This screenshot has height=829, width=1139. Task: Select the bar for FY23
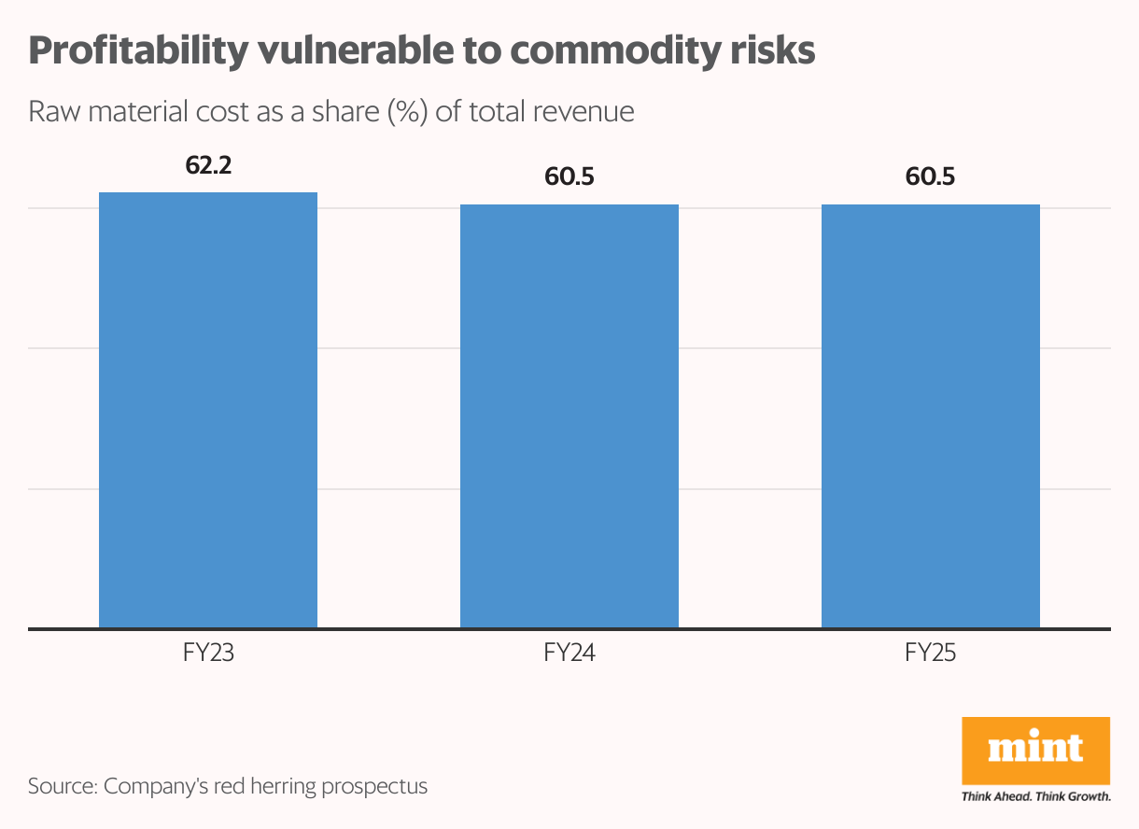click(208, 411)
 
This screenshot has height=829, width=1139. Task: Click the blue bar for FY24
click(569, 416)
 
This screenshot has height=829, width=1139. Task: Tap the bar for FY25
click(931, 416)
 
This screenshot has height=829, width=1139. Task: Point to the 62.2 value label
click(208, 166)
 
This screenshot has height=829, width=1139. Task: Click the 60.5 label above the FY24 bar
click(569, 176)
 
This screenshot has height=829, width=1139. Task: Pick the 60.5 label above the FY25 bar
click(931, 176)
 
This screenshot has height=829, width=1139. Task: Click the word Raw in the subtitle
click(50, 112)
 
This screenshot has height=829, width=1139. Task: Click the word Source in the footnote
click(60, 786)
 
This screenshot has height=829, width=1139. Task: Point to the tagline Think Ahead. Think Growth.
click(1035, 797)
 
